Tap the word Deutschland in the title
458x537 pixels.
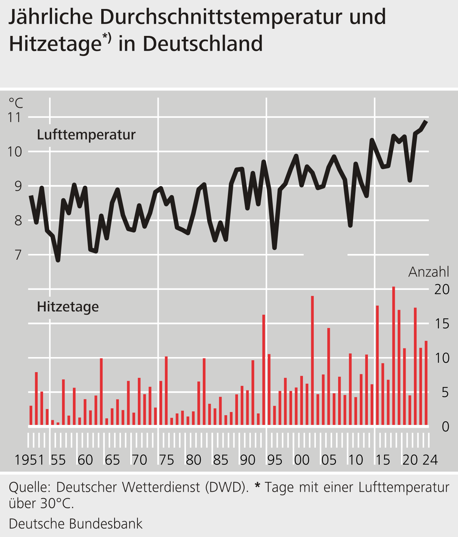(202, 44)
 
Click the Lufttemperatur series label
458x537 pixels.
(86, 135)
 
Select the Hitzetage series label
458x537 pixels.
(68, 307)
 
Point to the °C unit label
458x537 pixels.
(16, 103)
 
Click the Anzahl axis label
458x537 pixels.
(429, 272)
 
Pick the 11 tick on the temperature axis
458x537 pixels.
(15, 117)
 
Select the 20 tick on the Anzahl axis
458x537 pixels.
(442, 290)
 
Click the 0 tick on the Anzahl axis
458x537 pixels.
(445, 427)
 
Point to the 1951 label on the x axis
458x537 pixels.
(29, 460)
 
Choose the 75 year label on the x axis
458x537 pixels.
(166, 460)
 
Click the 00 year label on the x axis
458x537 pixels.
(302, 460)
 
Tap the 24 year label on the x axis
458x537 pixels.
(430, 460)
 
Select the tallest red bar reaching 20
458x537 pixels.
(393, 356)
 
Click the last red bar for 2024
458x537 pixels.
(426, 383)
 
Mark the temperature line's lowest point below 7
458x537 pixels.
(58, 260)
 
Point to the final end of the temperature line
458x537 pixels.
(426, 121)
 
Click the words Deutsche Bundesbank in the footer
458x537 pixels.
(76, 524)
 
